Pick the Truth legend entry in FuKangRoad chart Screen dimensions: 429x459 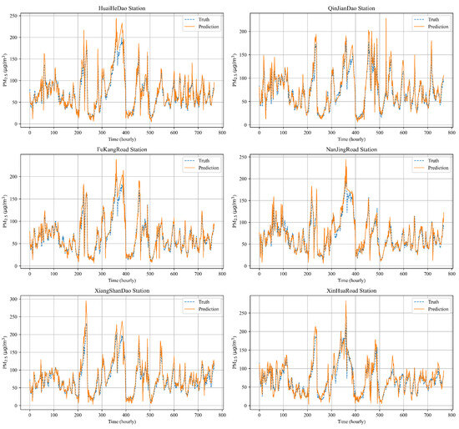[x=197, y=159]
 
